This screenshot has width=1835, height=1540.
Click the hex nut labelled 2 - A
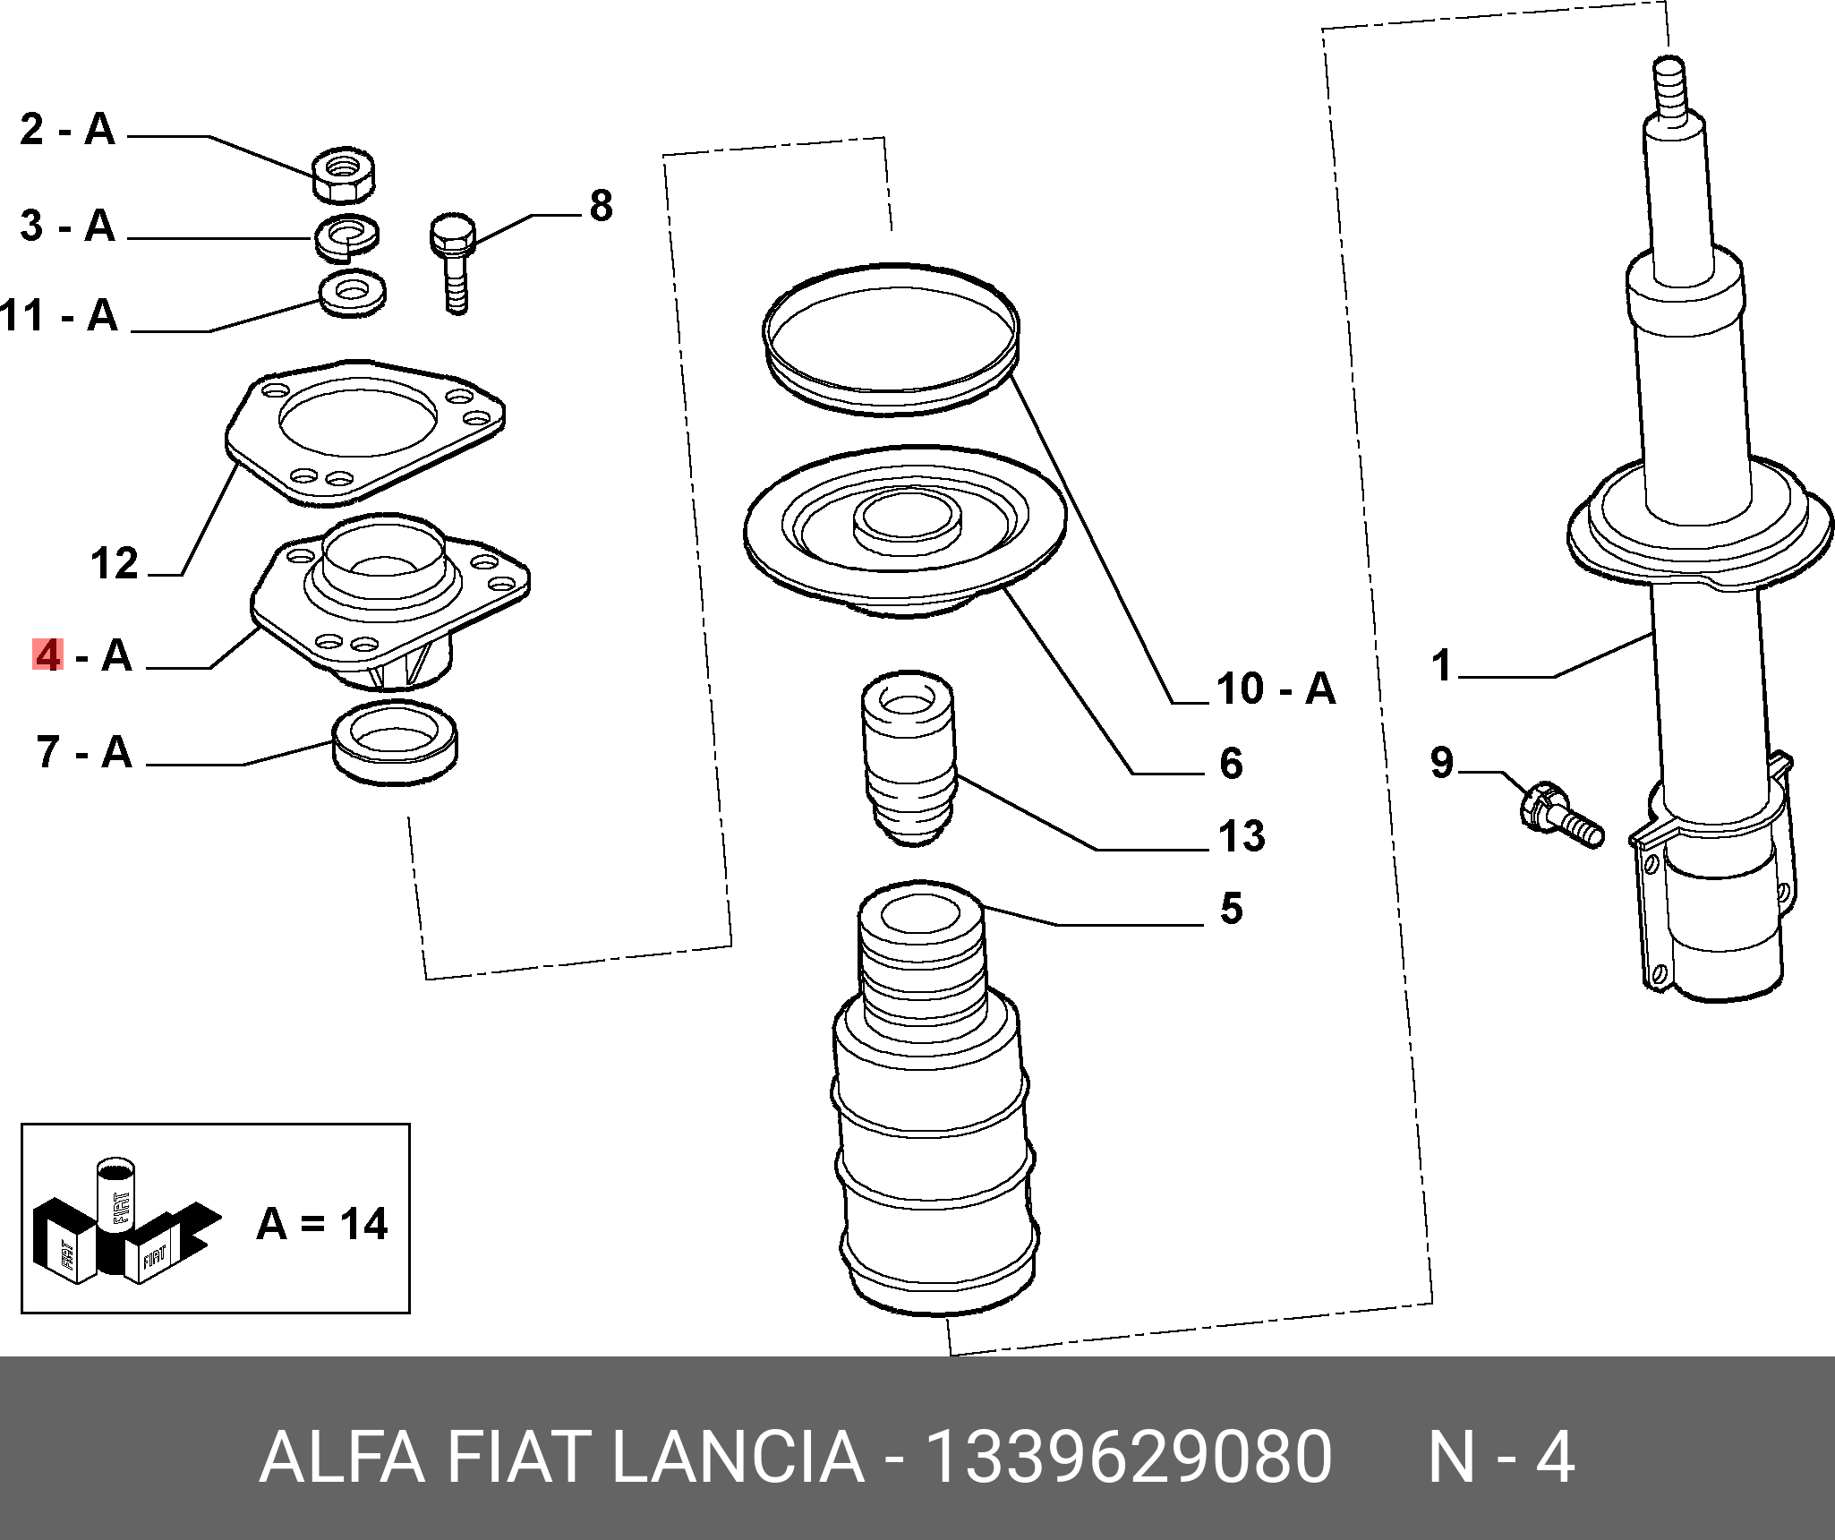[344, 175]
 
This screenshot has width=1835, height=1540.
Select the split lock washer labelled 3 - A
[346, 236]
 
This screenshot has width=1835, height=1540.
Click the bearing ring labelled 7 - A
[395, 743]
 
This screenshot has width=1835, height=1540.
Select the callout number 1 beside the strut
[1441, 666]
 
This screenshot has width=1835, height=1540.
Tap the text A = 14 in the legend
[321, 1224]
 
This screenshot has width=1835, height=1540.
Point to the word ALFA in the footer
[341, 1458]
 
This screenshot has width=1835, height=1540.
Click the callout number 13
[1242, 836]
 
